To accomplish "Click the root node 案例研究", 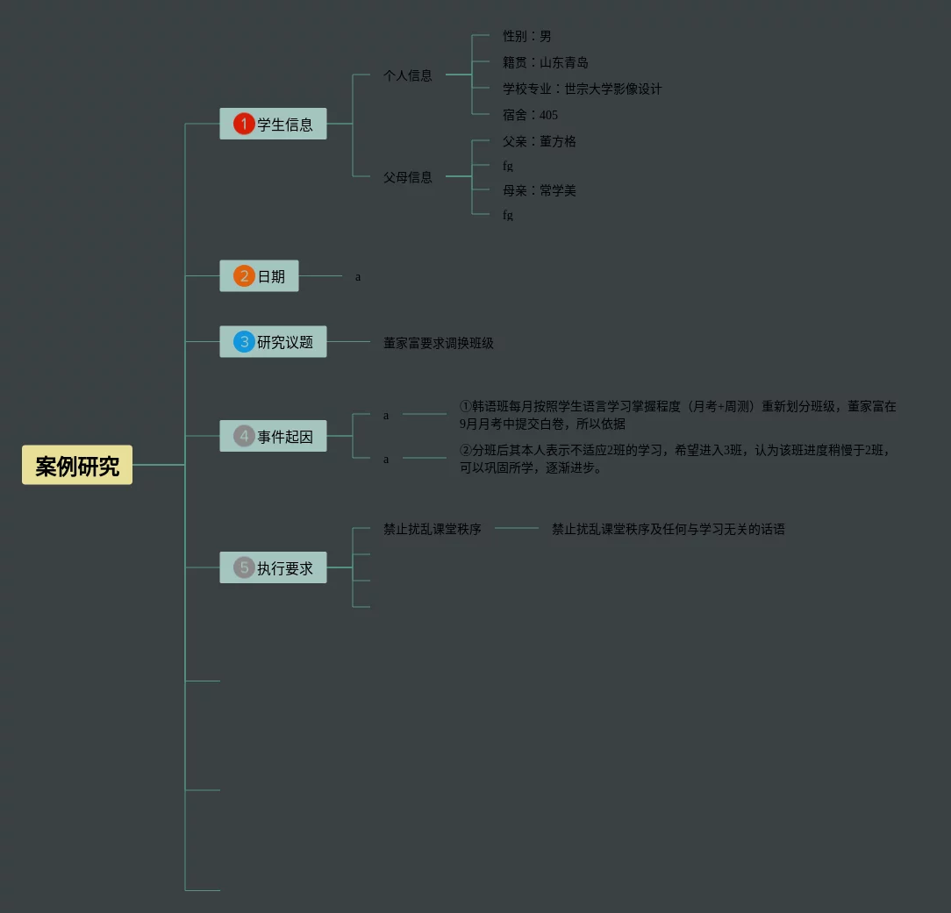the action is (x=77, y=466).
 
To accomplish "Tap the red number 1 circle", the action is (x=244, y=125).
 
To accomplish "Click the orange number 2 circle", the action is (x=244, y=276).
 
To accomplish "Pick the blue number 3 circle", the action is (x=244, y=341).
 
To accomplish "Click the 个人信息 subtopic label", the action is (x=408, y=75).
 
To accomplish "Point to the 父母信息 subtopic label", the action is (x=408, y=177).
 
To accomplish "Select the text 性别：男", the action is (x=527, y=36).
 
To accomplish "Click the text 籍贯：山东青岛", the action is (x=546, y=62).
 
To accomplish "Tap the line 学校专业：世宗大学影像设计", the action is (x=583, y=89).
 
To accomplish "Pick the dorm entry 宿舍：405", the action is (x=530, y=115).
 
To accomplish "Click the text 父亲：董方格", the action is (x=540, y=141).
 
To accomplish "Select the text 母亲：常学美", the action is (x=540, y=190).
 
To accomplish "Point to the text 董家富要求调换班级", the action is (x=439, y=343).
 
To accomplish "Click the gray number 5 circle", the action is (x=244, y=567).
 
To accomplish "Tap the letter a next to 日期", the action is (x=358, y=277).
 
